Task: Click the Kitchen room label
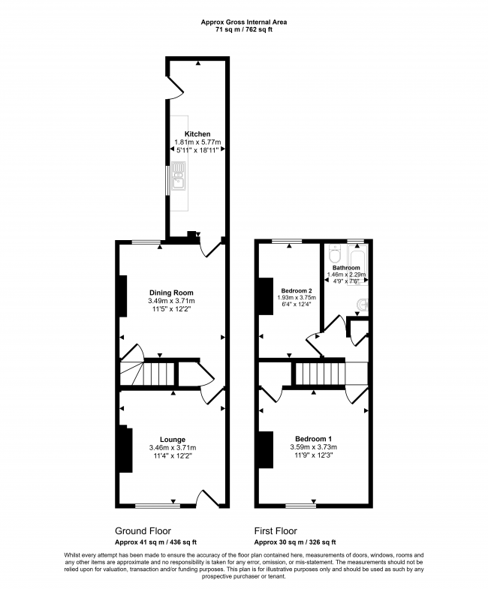197,134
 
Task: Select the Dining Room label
171,293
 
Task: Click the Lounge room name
173,440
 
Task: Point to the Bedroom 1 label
314,439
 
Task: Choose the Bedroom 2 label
297,290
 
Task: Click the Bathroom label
346,268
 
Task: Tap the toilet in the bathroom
334,254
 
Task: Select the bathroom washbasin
363,305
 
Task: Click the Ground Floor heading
143,530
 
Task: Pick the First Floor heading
276,530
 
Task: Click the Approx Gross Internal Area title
243,23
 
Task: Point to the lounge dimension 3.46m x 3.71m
173,448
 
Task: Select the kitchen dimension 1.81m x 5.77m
197,143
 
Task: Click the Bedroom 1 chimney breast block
267,449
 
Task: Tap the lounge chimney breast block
126,449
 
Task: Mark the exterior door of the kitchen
174,87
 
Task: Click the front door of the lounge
207,499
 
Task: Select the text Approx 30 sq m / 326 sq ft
295,542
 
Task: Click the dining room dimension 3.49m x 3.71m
171,301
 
